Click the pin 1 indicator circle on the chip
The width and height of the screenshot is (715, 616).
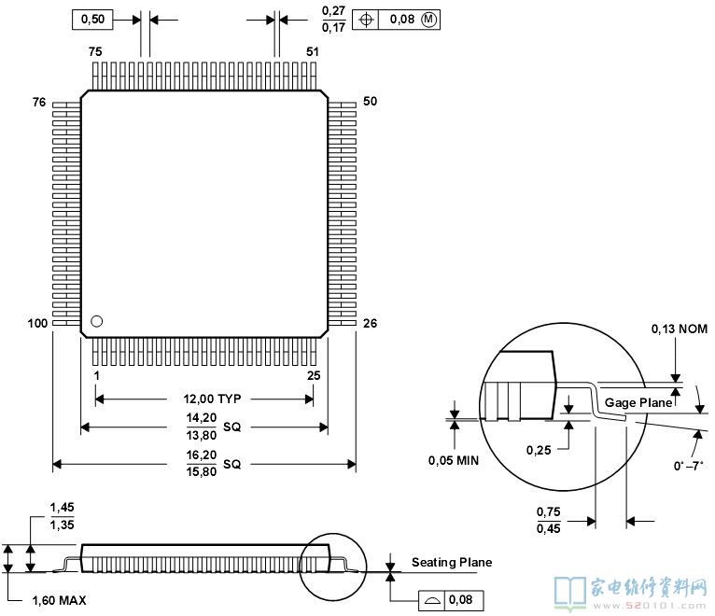(97, 321)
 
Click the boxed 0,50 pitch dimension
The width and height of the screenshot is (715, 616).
(92, 20)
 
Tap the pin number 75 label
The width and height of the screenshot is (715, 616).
(95, 51)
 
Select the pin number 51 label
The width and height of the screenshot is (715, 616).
(313, 51)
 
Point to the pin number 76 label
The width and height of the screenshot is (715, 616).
(39, 102)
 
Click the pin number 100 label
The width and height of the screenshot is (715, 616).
(37, 323)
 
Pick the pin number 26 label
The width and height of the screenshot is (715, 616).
(370, 323)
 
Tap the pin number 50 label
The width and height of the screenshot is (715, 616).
(370, 101)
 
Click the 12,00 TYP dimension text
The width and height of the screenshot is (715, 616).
(212, 399)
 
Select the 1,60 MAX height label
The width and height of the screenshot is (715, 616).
(60, 600)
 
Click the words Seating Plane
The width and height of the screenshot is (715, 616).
(452, 562)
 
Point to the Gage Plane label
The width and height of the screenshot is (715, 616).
(638, 402)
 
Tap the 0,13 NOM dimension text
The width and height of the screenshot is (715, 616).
(680, 329)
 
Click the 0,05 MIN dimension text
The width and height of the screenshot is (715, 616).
(454, 460)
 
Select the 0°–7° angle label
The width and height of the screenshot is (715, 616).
(689, 466)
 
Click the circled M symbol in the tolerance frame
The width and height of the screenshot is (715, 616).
(428, 20)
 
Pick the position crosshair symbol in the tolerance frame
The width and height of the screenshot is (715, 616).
(367, 20)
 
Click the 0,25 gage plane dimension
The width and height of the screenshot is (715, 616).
(539, 450)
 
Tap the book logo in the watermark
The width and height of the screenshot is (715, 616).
(570, 593)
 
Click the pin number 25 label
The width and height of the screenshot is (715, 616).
(314, 376)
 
